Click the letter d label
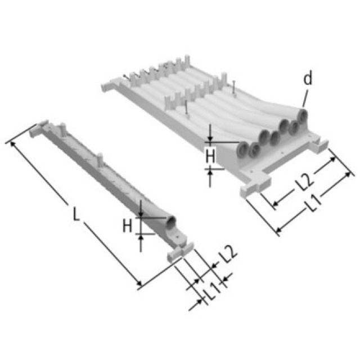[307, 79]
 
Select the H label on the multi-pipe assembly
[209, 156]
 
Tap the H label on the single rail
[127, 226]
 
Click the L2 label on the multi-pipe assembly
[304, 181]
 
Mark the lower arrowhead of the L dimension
[138, 285]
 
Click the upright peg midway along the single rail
[100, 160]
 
